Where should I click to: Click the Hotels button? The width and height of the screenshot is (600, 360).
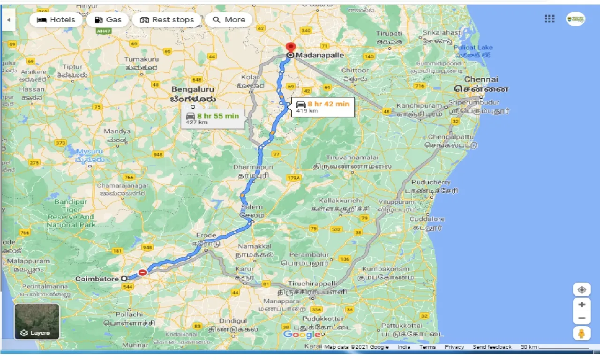pyautogui.click(x=56, y=20)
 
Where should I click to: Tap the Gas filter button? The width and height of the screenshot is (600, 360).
pyautogui.click(x=108, y=20)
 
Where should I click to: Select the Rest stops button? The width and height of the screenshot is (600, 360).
pyautogui.click(x=167, y=20)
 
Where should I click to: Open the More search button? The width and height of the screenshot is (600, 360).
pyautogui.click(x=229, y=20)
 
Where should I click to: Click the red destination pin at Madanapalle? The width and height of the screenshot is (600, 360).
pyautogui.click(x=291, y=47)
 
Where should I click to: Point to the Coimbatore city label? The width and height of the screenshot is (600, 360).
pyautogui.click(x=97, y=279)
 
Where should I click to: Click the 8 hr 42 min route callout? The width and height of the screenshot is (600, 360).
pyautogui.click(x=322, y=107)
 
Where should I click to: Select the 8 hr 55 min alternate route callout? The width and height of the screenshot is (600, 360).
pyautogui.click(x=212, y=119)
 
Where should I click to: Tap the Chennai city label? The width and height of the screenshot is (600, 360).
pyautogui.click(x=481, y=80)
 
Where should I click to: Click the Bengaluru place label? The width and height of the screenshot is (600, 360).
pyautogui.click(x=192, y=89)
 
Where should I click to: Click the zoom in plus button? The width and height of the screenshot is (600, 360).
pyautogui.click(x=582, y=305)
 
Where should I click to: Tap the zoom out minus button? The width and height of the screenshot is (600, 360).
pyautogui.click(x=582, y=319)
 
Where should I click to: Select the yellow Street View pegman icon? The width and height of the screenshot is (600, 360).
pyautogui.click(x=582, y=333)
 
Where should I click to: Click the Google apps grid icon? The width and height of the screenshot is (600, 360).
pyautogui.click(x=549, y=19)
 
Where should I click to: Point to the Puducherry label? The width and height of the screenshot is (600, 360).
pyautogui.click(x=430, y=182)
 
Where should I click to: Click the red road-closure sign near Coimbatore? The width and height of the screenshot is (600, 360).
pyautogui.click(x=142, y=272)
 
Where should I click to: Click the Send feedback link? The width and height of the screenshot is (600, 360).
pyautogui.click(x=492, y=347)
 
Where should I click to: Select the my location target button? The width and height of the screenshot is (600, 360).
pyautogui.click(x=582, y=290)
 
